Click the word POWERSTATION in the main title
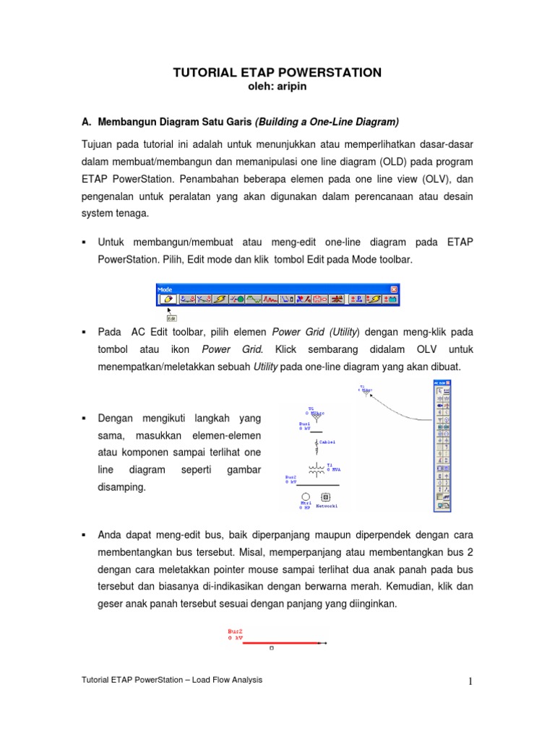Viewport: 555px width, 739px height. pyautogui.click(x=328, y=73)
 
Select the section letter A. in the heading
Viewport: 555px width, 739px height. pyautogui.click(x=85, y=121)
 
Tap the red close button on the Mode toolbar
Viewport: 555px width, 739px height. pyautogui.click(x=393, y=289)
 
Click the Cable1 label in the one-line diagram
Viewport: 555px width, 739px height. pyautogui.click(x=327, y=442)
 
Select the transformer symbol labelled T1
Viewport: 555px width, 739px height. pyautogui.click(x=316, y=468)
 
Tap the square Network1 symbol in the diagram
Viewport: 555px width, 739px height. pyautogui.click(x=326, y=497)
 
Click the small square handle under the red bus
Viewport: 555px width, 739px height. pyautogui.click(x=271, y=648)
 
